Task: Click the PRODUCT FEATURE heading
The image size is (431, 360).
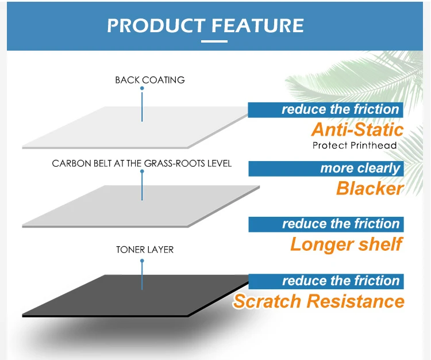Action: pos(205,25)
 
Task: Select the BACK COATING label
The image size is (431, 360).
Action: pos(150,80)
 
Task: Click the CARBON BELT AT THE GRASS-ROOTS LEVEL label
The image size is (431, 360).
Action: pos(142,163)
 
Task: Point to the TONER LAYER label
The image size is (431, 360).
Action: pos(145,250)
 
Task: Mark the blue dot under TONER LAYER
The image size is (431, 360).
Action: pos(142,261)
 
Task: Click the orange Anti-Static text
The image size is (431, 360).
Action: pos(357,129)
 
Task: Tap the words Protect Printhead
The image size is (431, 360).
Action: pos(355,145)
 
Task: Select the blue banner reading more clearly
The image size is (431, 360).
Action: pos(326,168)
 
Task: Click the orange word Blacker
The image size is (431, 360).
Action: pos(370,188)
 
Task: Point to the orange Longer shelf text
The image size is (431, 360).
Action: pos(346,244)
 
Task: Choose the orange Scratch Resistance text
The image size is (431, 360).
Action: pos(318,301)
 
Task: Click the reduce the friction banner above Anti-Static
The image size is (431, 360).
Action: pos(326,109)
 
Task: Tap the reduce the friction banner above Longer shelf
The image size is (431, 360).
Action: pos(326,224)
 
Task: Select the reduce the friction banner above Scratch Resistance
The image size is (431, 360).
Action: pos(326,281)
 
